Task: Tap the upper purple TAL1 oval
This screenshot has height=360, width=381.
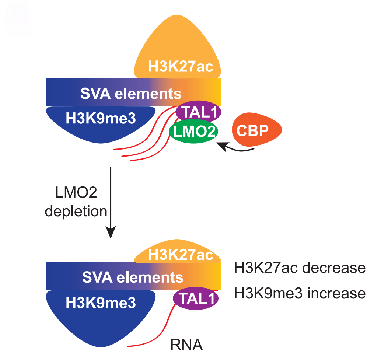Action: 198,111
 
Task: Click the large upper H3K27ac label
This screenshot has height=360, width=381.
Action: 181,67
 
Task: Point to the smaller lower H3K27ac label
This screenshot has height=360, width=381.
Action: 181,255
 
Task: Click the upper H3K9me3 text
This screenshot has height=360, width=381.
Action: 100,118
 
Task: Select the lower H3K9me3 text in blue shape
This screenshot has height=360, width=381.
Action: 100,303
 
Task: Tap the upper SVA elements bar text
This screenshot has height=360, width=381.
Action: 131,94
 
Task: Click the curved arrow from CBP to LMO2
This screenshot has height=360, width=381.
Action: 236,149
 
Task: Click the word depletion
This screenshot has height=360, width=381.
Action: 76,212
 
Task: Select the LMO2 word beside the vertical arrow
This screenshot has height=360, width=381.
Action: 75,193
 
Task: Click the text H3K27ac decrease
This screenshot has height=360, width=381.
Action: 300,268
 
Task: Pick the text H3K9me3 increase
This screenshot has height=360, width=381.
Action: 300,293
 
